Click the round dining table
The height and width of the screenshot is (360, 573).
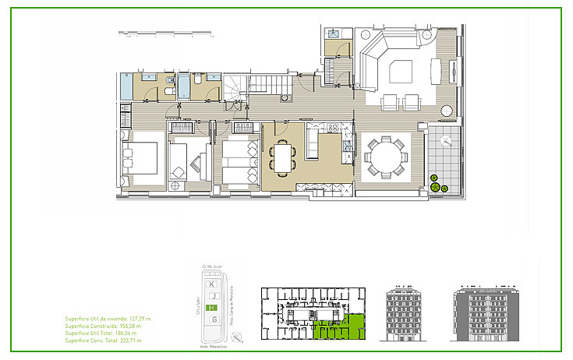point(384,157)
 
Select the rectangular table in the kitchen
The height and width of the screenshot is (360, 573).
point(282,158)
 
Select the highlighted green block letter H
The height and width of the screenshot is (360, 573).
point(212,307)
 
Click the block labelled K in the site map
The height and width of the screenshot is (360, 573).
point(212,285)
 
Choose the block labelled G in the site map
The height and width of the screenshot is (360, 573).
point(212,319)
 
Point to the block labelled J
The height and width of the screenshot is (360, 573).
point(212,296)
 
